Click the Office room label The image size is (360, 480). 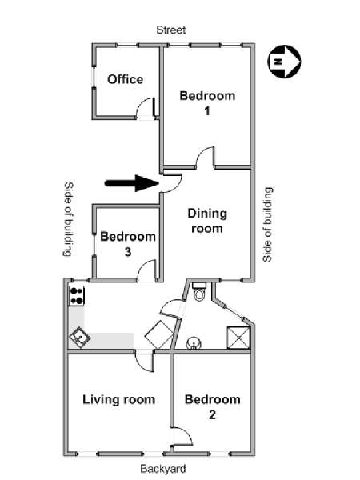[x=126, y=79]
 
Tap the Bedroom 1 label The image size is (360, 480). [x=207, y=103]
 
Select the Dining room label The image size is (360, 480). [x=207, y=221]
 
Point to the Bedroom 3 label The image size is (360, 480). [x=128, y=244]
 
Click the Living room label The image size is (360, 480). [x=118, y=399]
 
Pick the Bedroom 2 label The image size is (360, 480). [x=213, y=407]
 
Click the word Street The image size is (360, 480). [x=171, y=30]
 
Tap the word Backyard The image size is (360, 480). [x=163, y=469]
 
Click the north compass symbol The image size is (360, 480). [x=284, y=62]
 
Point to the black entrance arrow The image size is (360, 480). [x=132, y=183]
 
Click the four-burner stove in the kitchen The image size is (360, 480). [x=76, y=295]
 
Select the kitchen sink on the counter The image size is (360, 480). [x=79, y=338]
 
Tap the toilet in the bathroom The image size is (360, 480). [x=199, y=291]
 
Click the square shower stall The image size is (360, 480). [x=238, y=338]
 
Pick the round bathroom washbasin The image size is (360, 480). [x=194, y=343]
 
